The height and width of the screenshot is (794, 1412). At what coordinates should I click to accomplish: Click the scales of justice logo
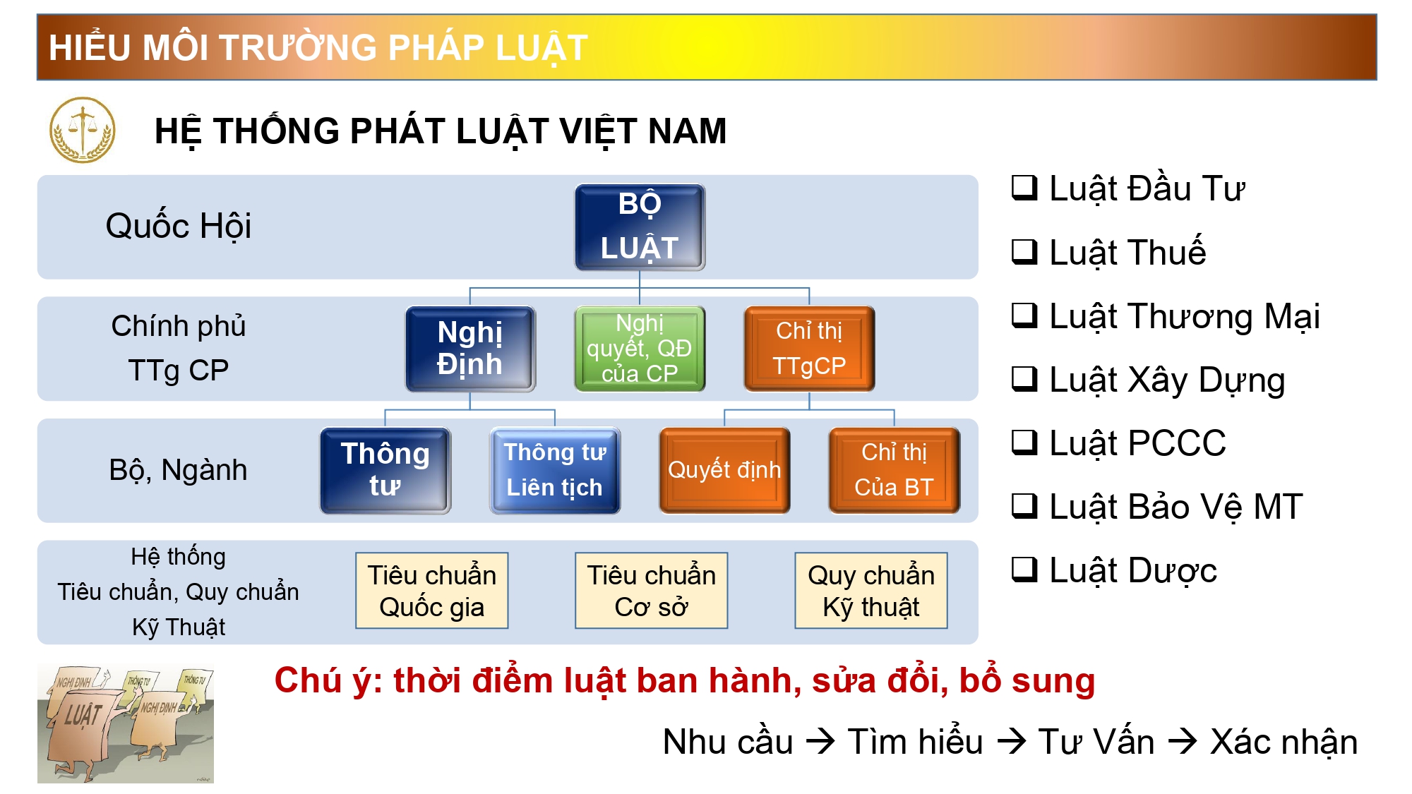click(82, 130)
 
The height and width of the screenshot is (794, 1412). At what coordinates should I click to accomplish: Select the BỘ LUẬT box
click(640, 227)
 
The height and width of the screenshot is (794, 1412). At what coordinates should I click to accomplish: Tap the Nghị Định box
click(470, 349)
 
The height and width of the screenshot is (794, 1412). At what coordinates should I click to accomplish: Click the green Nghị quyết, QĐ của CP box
click(640, 349)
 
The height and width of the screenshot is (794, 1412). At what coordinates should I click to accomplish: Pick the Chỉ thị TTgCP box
click(809, 349)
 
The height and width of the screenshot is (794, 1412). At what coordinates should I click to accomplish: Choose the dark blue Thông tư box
click(385, 471)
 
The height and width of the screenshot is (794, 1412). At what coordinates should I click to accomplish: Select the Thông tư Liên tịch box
click(555, 471)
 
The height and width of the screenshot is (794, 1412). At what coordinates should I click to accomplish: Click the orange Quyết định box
click(724, 471)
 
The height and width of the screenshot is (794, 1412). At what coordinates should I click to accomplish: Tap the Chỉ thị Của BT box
click(894, 471)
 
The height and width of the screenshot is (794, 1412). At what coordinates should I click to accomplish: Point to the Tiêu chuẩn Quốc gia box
click(432, 591)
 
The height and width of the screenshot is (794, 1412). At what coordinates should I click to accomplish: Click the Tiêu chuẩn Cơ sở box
click(652, 591)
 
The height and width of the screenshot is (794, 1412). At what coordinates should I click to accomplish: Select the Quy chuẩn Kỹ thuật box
click(871, 591)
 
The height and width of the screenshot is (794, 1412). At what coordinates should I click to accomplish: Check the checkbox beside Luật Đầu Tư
click(1024, 188)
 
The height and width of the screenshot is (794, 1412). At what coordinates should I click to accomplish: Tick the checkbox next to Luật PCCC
click(1024, 443)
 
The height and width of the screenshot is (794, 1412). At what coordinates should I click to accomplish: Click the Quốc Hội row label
click(179, 226)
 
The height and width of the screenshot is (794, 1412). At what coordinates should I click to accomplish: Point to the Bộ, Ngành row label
click(179, 470)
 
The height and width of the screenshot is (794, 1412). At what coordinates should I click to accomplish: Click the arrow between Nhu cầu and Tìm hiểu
click(821, 742)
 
